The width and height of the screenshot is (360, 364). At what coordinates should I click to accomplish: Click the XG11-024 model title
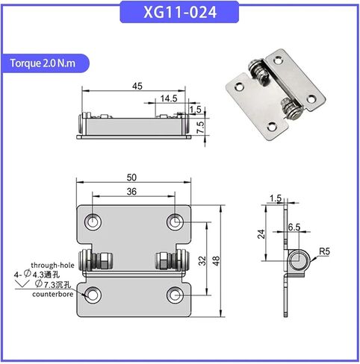click(180, 12)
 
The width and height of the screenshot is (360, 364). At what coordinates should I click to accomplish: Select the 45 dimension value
click(137, 86)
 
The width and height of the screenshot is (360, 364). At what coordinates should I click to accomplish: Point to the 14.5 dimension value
click(169, 98)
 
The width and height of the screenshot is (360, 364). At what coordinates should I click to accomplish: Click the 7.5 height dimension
click(201, 127)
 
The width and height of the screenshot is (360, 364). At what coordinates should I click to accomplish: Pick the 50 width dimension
click(131, 178)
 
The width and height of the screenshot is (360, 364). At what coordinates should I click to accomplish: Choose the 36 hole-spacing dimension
click(131, 192)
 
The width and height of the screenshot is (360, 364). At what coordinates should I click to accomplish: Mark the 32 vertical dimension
click(202, 260)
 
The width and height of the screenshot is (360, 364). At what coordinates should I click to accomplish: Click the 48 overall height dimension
click(216, 260)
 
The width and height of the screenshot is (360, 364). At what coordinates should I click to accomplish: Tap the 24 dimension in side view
click(261, 234)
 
